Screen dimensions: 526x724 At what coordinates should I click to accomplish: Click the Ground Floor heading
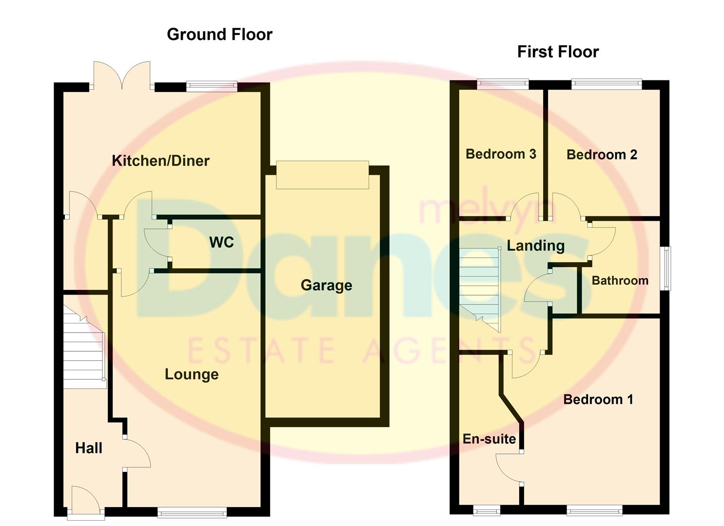219,35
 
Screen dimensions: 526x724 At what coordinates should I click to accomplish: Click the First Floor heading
558,52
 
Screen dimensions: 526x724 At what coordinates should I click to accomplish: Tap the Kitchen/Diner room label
160,161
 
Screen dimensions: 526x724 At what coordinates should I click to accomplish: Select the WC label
221,242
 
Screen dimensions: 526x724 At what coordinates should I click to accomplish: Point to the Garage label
326,285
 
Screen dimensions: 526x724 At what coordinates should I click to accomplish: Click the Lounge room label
192,374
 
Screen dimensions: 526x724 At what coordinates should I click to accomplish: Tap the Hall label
89,448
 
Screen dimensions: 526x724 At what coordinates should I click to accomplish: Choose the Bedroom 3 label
501,154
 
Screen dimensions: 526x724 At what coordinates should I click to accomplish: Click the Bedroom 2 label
602,154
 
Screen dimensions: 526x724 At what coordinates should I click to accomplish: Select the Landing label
535,245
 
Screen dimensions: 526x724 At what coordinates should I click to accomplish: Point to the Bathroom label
620,281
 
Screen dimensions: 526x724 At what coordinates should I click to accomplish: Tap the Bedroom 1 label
598,399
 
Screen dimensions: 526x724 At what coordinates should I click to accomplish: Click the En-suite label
489,439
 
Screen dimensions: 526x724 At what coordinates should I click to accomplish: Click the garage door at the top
322,174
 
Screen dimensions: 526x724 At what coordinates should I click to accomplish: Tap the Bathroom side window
665,268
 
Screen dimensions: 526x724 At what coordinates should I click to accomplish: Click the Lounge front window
192,512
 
